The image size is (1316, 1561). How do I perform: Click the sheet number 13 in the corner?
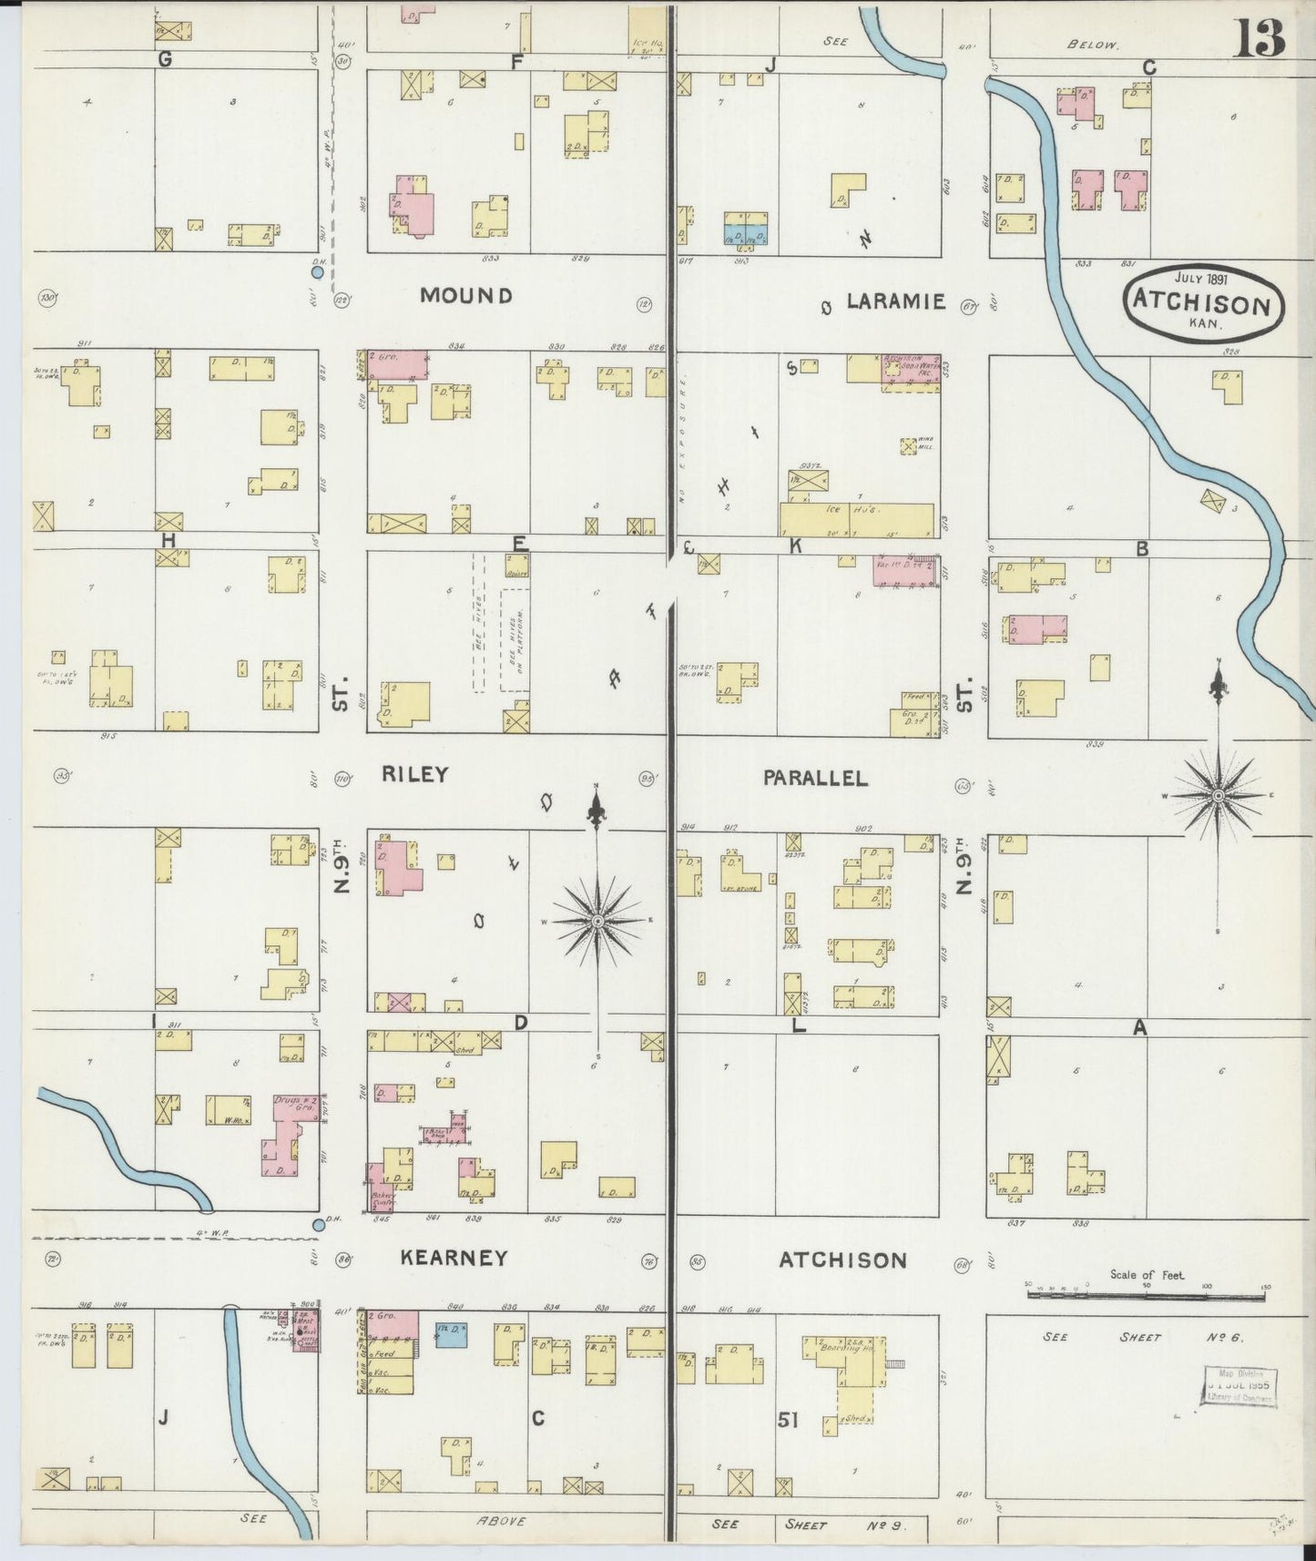click(1260, 38)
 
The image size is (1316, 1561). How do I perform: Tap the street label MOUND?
click(466, 295)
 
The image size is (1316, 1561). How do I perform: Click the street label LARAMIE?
click(896, 301)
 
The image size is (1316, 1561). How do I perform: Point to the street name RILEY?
click(414, 775)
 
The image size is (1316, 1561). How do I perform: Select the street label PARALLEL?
click(815, 778)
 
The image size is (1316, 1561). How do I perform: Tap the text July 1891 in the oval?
click(1201, 280)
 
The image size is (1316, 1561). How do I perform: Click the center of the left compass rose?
click(597, 922)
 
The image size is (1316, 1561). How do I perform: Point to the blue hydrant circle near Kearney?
click(318, 1225)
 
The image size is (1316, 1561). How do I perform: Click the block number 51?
click(789, 1419)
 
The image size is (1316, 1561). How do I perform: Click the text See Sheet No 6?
click(1143, 1337)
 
